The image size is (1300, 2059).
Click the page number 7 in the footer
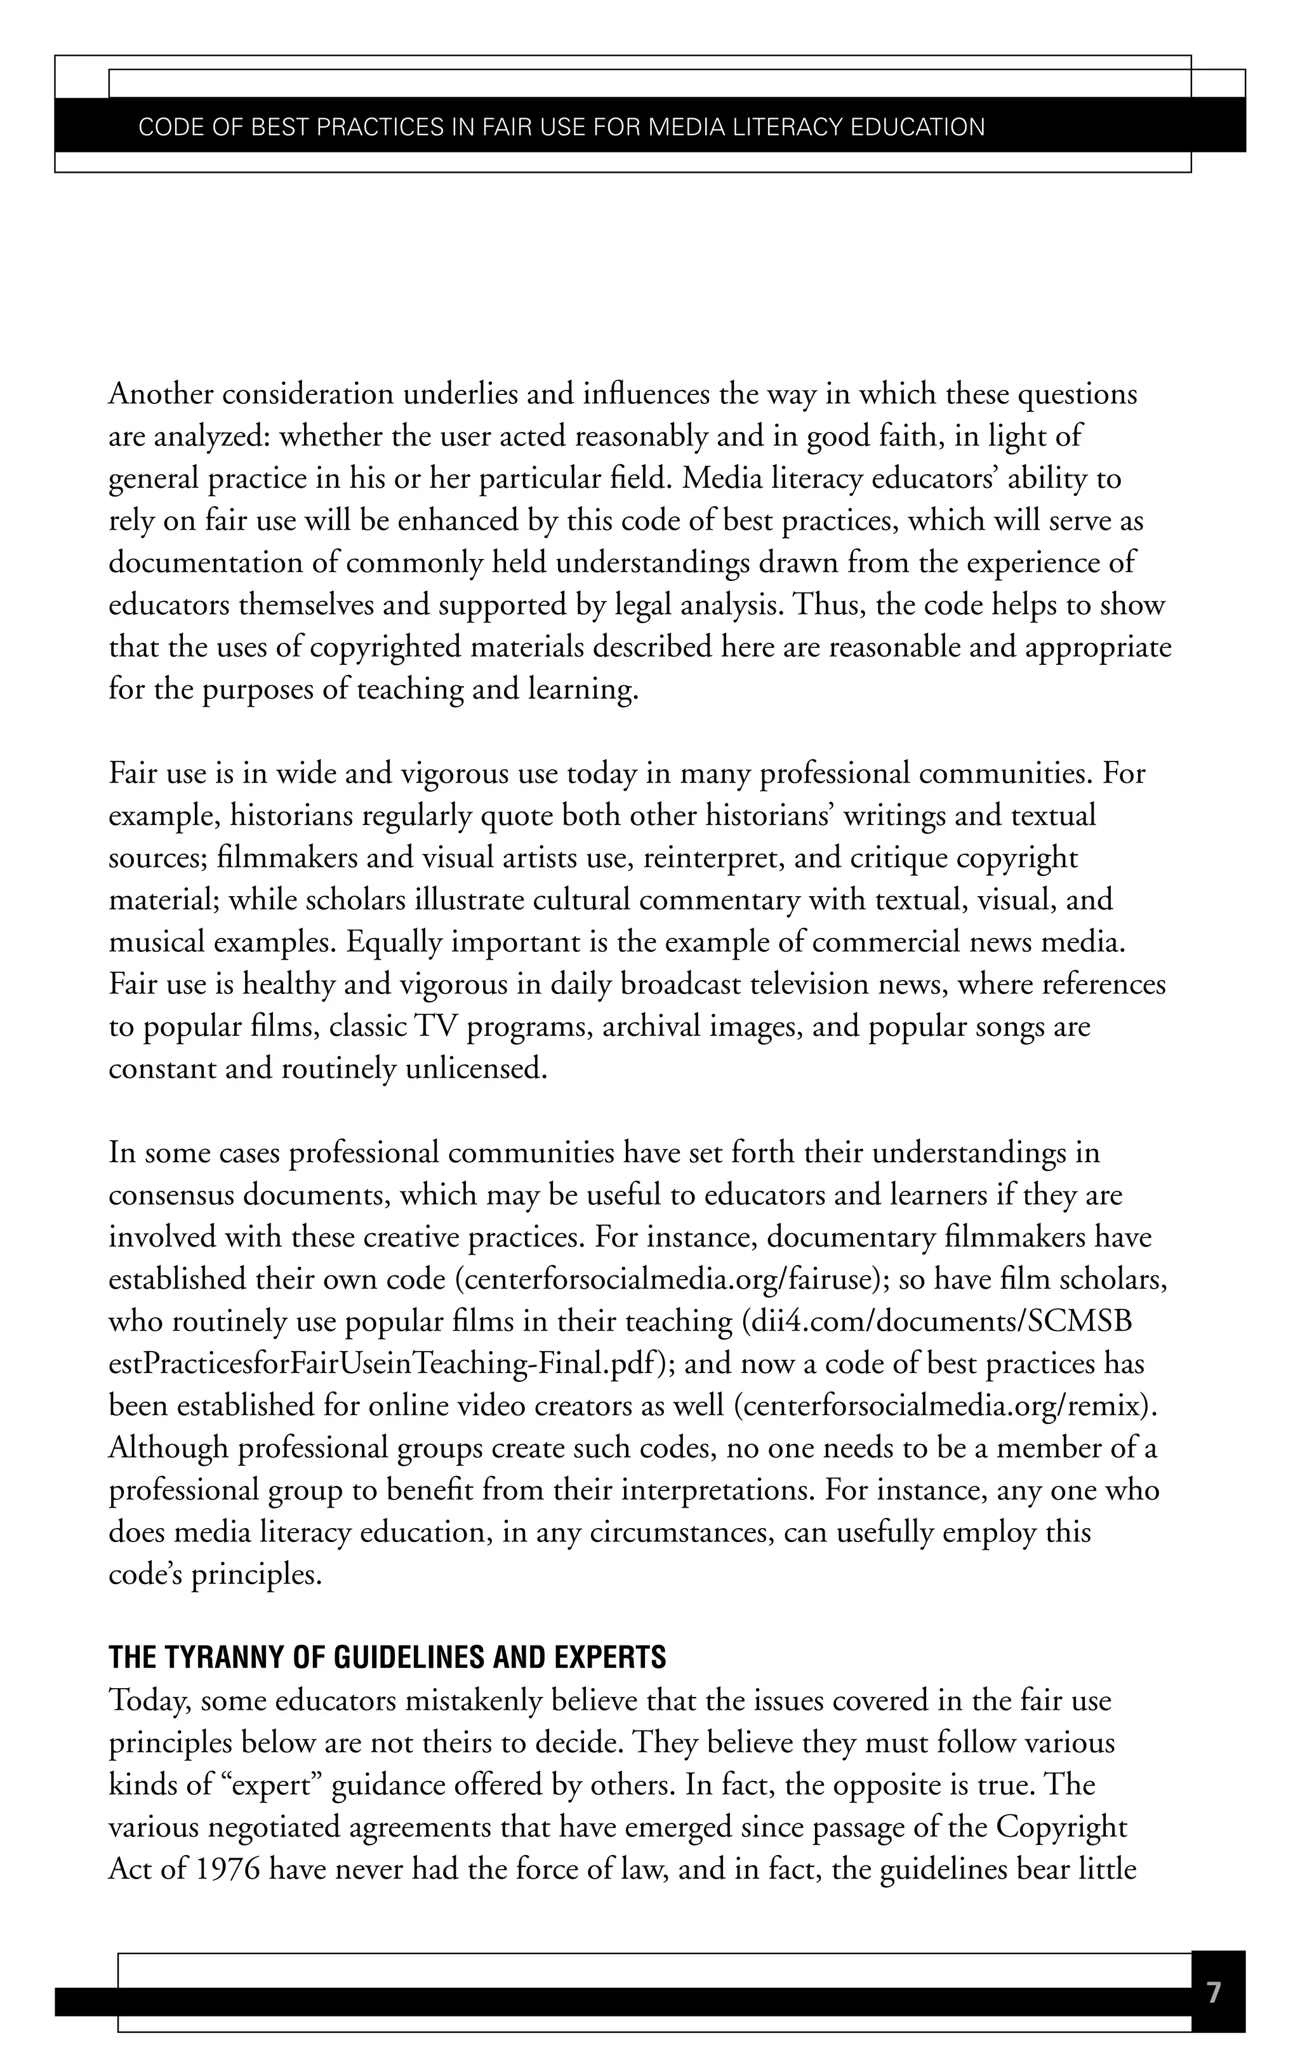click(x=1213, y=1993)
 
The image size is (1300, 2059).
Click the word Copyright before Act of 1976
click(x=1061, y=1827)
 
